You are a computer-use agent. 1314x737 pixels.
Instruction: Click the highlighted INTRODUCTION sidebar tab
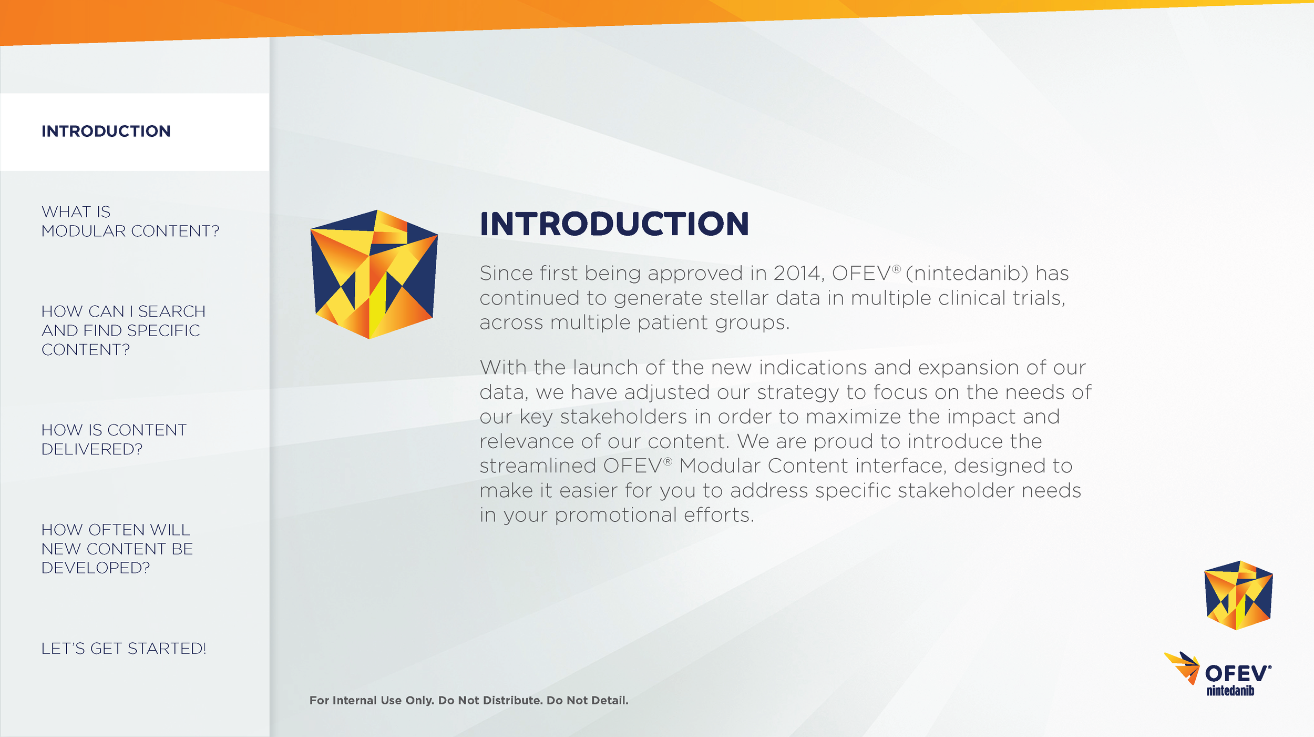point(106,131)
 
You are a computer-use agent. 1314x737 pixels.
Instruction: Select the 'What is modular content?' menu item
point(130,221)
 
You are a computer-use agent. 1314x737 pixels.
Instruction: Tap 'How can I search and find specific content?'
point(123,330)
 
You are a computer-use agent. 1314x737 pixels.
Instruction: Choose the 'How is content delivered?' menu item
point(114,439)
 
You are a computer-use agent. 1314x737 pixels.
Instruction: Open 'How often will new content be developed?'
point(117,549)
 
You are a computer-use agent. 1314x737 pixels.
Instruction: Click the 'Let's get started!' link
point(124,649)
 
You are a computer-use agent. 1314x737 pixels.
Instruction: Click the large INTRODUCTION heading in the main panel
point(614,224)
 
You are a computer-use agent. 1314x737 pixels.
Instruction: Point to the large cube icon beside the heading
point(374,274)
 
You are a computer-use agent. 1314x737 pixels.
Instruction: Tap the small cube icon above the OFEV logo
point(1238,595)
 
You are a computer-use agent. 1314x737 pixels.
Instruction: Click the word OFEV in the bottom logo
point(1236,674)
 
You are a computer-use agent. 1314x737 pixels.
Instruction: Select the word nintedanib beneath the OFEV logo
point(1230,691)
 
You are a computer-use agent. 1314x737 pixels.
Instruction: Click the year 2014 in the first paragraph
point(798,274)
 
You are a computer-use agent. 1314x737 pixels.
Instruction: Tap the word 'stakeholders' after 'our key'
point(623,417)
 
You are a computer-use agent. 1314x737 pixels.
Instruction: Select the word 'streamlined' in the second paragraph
point(538,466)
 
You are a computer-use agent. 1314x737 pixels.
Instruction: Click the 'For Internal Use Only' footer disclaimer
point(469,700)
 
